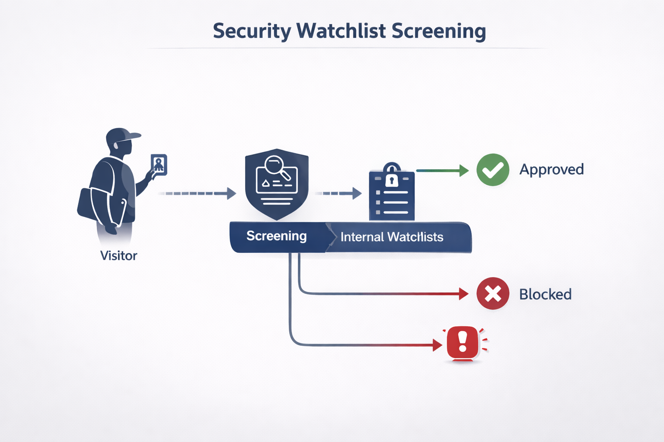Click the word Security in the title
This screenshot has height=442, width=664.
(x=252, y=32)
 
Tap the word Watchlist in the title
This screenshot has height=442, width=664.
(x=341, y=31)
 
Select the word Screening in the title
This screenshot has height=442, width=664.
(x=439, y=32)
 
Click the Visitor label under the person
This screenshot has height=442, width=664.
(x=118, y=256)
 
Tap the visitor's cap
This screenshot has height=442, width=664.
(x=123, y=135)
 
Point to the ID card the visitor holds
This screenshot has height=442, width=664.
(x=159, y=164)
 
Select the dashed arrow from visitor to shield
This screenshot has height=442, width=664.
(x=197, y=193)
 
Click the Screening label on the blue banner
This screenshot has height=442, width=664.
(x=276, y=236)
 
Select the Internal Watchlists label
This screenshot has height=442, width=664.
(x=392, y=237)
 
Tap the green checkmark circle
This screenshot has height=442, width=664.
(x=493, y=170)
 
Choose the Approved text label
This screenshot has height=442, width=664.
(x=551, y=169)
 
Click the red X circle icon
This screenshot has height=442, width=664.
(x=493, y=294)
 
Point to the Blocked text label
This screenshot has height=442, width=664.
(x=545, y=294)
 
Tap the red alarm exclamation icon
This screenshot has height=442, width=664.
(x=463, y=343)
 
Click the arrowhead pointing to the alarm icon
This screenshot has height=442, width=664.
(x=437, y=345)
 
